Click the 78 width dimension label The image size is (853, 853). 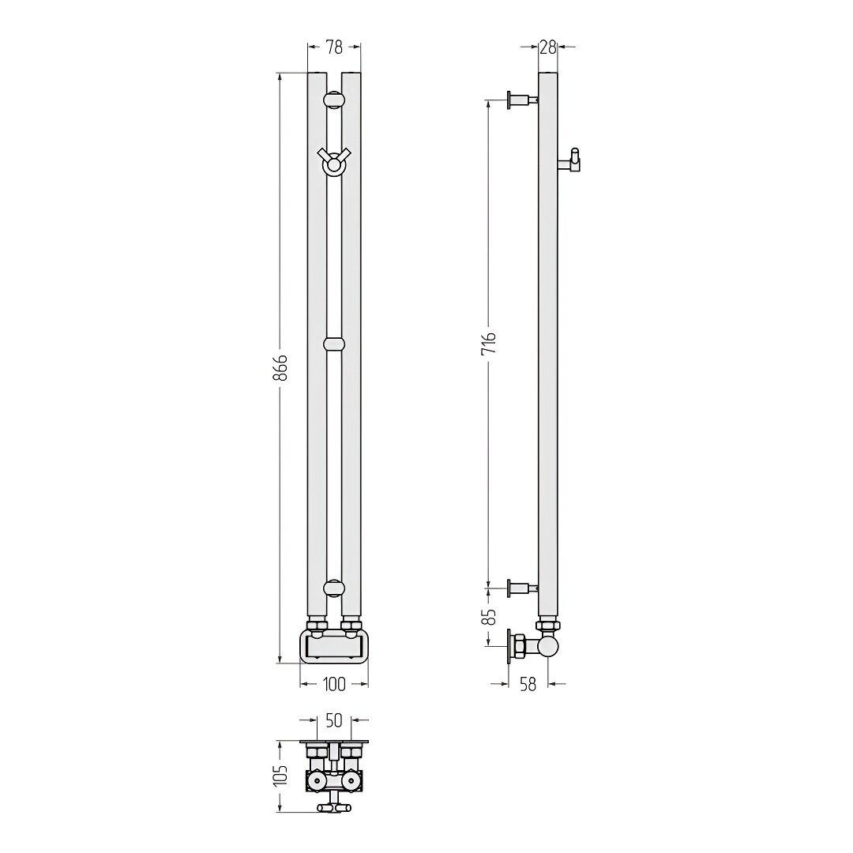334,47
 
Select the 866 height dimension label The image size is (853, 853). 280,368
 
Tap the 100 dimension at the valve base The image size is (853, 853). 334,684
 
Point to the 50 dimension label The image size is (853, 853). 333,720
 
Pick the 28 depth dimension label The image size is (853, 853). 548,47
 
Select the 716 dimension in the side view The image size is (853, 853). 489,343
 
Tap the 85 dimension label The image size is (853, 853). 490,616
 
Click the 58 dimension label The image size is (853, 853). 528,684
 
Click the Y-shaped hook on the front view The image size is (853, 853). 334,162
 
